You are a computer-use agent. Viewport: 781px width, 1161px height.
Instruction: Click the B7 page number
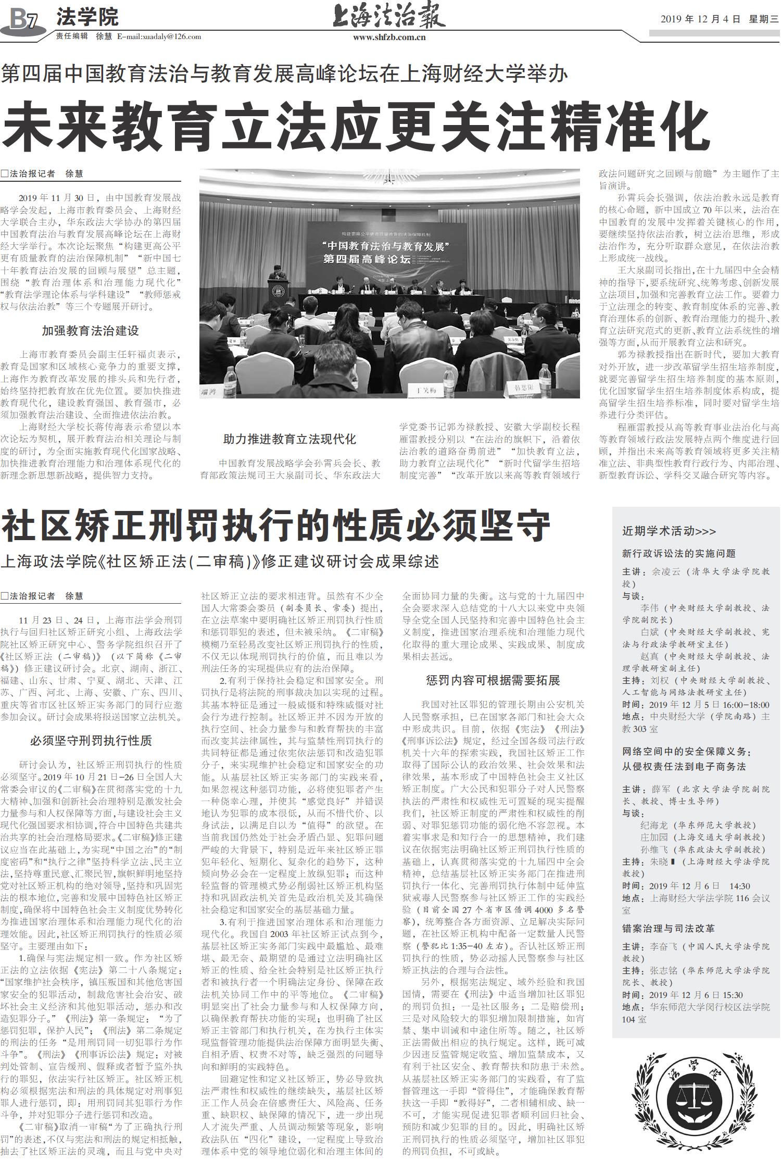[24, 19]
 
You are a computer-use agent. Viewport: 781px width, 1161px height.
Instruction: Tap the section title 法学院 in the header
[87, 17]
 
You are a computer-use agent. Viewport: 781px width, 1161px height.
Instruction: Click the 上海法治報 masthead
[389, 16]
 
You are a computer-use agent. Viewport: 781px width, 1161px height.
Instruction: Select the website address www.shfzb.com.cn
[389, 37]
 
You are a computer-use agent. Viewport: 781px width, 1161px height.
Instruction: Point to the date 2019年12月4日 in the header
[700, 19]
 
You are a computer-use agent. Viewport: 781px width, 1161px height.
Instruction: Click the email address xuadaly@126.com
[159, 36]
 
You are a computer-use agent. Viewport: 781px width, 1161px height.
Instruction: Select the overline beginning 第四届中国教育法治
[284, 74]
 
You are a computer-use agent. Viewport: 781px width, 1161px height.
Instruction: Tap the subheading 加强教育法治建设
[91, 331]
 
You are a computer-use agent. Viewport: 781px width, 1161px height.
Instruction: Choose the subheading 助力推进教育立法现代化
[289, 439]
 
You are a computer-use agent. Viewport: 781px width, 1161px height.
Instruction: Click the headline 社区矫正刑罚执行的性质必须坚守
[276, 527]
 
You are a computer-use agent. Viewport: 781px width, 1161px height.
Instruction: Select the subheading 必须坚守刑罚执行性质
[91, 741]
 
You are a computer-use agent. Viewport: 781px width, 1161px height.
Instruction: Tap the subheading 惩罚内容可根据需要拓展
[493, 680]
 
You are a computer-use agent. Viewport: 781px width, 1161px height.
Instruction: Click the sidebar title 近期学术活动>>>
[669, 531]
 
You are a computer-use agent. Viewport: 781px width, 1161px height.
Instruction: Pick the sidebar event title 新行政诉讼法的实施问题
[678, 553]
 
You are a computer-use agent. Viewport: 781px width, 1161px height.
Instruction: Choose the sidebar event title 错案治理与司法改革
[668, 928]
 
